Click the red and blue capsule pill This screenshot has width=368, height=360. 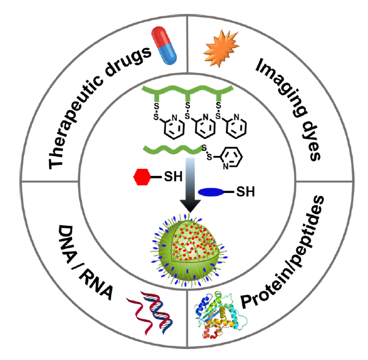click(166, 47)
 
